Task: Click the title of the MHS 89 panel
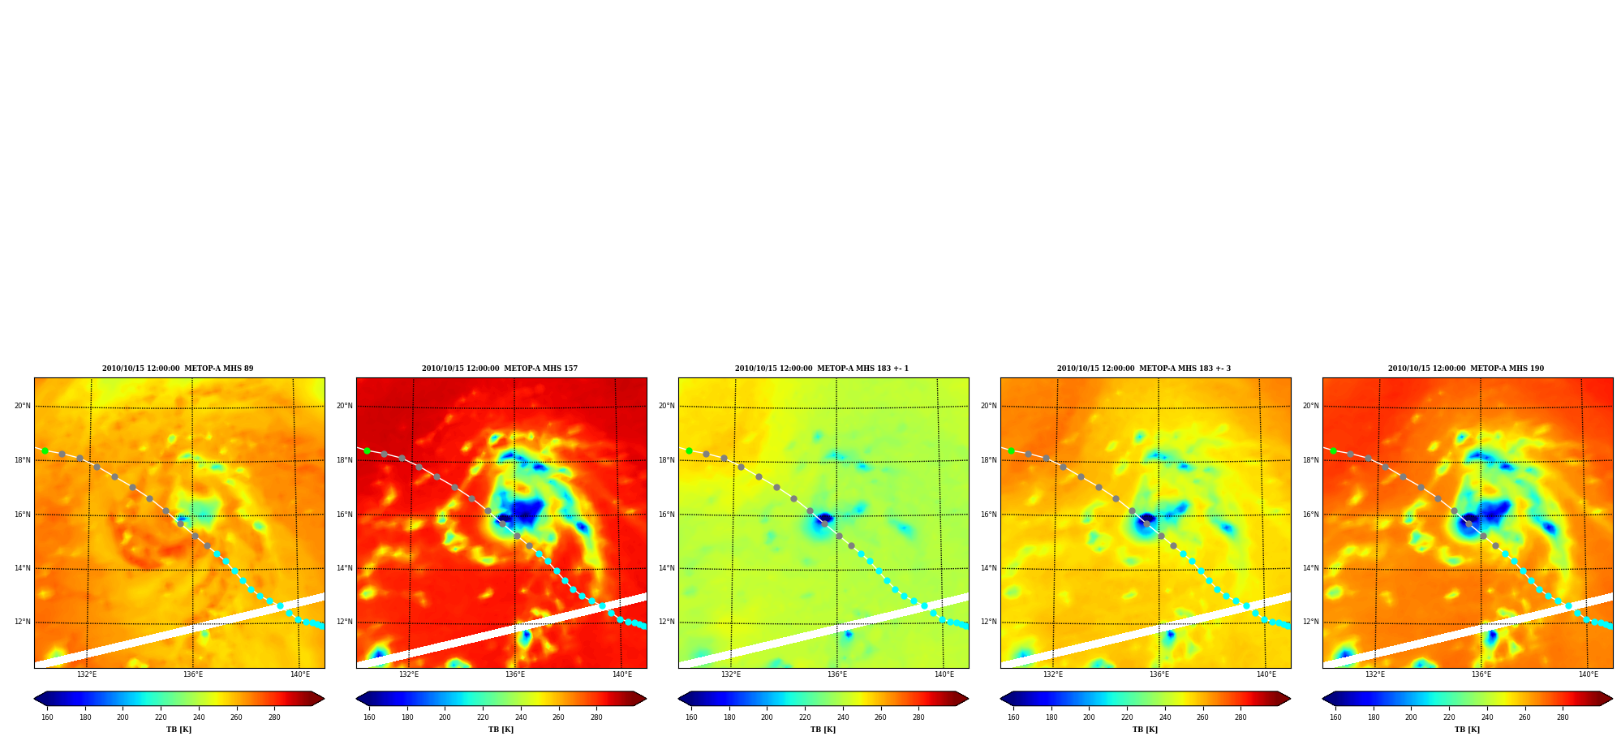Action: click(x=178, y=368)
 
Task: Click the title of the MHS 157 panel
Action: click(x=500, y=368)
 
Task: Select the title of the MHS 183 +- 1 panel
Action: click(x=822, y=368)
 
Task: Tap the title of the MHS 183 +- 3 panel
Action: click(x=1144, y=368)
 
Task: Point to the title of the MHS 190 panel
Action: click(x=1466, y=368)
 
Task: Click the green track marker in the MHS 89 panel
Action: click(x=45, y=450)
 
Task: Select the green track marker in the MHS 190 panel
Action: click(x=1333, y=450)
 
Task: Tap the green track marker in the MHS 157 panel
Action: click(x=367, y=450)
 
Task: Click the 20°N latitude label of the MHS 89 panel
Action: click(x=23, y=406)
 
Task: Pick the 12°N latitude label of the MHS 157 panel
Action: click(x=345, y=623)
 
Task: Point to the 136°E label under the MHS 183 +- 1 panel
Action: click(x=837, y=674)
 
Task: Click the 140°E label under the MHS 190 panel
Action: click(x=1588, y=674)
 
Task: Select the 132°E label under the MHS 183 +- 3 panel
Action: click(x=1053, y=674)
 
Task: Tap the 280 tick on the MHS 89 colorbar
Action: click(x=274, y=717)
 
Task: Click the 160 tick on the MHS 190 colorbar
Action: click(x=1335, y=717)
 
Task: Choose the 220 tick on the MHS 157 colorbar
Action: click(x=483, y=717)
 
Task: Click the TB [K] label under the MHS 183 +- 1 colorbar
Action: click(x=823, y=730)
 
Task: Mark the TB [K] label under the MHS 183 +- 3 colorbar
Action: click(x=1145, y=730)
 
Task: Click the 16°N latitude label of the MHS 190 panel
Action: click(x=1311, y=515)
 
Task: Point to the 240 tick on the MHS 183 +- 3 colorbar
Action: click(x=1165, y=717)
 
